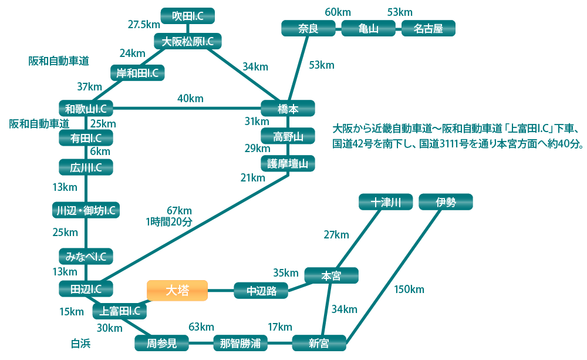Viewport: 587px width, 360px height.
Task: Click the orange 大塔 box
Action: pos(177,290)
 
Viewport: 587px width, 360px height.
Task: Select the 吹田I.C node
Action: pos(187,16)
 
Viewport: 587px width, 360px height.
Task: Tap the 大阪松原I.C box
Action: pos(187,41)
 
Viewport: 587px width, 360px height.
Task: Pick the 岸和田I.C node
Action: pos(137,73)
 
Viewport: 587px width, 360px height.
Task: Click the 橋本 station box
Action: pos(288,109)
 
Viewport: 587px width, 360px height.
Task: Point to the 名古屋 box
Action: pos(428,28)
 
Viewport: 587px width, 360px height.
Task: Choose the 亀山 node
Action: pos(368,28)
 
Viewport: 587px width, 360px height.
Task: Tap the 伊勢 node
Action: pos(446,203)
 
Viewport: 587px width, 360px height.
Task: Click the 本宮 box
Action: pos(331,275)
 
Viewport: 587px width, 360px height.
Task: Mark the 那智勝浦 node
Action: pos(240,343)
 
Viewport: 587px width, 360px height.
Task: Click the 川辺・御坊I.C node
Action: pos(86,210)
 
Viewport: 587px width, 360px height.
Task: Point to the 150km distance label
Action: pos(409,289)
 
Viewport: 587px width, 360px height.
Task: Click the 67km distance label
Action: pos(180,211)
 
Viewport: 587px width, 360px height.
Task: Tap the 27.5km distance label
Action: pos(144,24)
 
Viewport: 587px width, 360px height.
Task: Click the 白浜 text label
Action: pos(81,344)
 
